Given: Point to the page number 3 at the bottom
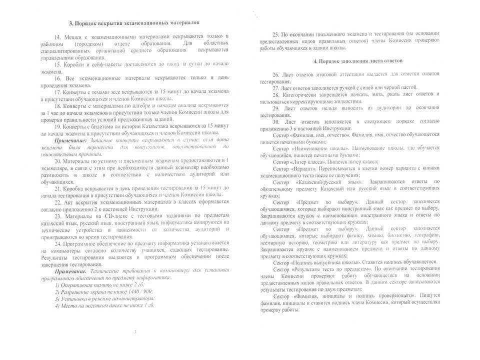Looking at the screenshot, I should (x=135, y=331).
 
